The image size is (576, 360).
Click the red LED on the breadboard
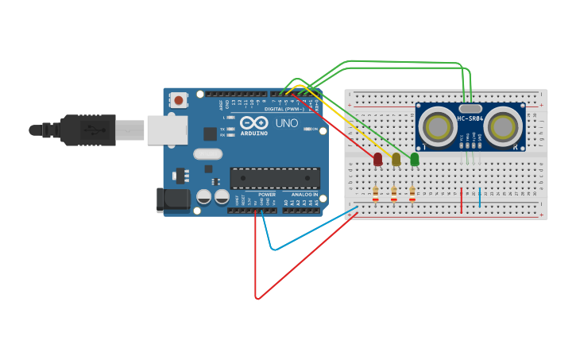(x=377, y=160)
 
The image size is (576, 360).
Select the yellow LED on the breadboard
(x=396, y=160)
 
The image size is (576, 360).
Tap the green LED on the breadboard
(x=414, y=160)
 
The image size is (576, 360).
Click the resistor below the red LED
(x=376, y=192)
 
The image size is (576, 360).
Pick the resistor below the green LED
(x=412, y=192)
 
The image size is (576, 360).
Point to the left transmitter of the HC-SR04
(x=438, y=126)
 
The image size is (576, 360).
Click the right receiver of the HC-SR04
(x=503, y=126)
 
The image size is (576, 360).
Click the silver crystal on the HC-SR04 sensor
(x=470, y=108)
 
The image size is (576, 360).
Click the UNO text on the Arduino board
(x=286, y=123)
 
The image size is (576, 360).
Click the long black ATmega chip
(x=275, y=178)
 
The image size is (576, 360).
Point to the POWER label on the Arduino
(x=267, y=195)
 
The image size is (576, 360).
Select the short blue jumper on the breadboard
(x=479, y=198)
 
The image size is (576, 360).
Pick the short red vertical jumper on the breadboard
(x=461, y=200)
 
